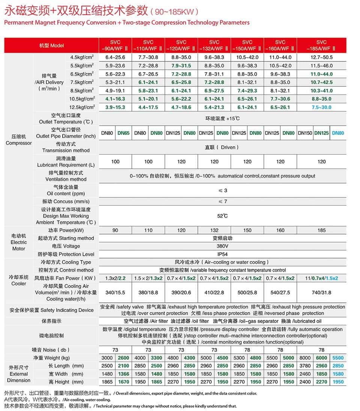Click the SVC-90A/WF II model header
click(115, 45)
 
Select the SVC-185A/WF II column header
click(321, 45)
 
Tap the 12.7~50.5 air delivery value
click(321, 57)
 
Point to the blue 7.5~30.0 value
click(321, 107)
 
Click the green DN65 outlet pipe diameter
click(123, 133)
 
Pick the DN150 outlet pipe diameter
click(305, 133)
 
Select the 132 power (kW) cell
click(214, 230)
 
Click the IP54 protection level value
click(222, 254)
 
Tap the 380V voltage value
click(222, 246)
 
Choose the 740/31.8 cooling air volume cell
click(321, 293)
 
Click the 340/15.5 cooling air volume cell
click(115, 293)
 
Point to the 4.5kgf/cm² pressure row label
click(82, 57)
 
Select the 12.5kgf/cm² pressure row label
click(82, 107)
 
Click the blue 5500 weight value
click(338, 358)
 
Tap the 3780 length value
click(305, 366)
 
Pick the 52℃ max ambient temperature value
click(222, 216)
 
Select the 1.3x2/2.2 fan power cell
click(115, 278)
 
